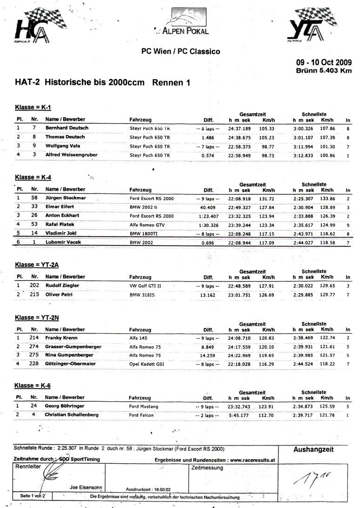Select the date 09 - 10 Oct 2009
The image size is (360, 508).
click(x=325, y=63)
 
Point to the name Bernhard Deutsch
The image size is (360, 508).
click(x=67, y=128)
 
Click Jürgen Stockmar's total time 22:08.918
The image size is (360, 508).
click(x=239, y=199)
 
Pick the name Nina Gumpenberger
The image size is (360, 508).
click(x=69, y=355)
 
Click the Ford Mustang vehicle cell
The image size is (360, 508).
click(x=144, y=406)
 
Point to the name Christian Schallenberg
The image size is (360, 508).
click(x=74, y=415)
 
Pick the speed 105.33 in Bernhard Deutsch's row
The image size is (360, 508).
click(x=267, y=128)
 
